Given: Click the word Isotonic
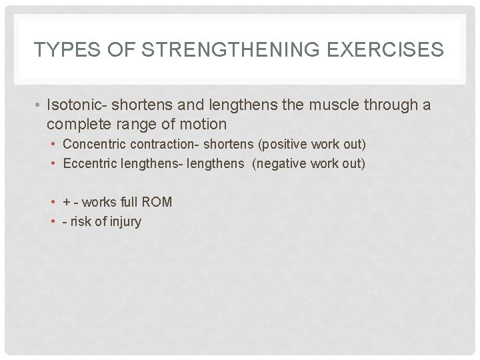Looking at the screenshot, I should coord(75,105).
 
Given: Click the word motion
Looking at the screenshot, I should coord(207,124).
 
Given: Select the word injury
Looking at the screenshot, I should coord(124,222).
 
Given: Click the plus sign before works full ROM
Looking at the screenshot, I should coord(67,202).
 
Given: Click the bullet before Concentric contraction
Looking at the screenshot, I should coord(53,145).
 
